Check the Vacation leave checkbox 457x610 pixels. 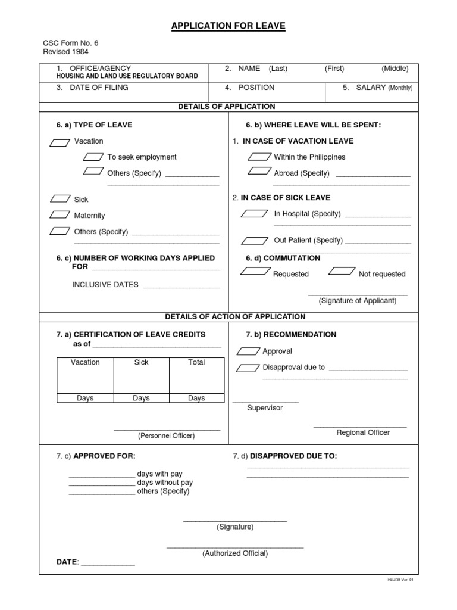point(60,142)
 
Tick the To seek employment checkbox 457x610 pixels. point(92,157)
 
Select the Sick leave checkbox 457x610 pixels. point(60,199)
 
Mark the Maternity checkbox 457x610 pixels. point(60,214)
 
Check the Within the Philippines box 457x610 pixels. point(259,157)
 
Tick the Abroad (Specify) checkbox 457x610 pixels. point(259,172)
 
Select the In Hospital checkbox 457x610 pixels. point(256,214)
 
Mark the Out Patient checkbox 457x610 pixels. point(255,241)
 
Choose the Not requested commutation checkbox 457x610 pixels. point(342,272)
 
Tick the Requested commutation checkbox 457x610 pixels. point(255,272)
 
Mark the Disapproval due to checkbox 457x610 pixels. point(248,368)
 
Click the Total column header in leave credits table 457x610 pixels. point(196,362)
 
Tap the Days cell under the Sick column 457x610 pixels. point(141,398)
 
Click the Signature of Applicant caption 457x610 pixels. point(357,301)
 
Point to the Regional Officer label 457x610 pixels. point(363,432)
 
